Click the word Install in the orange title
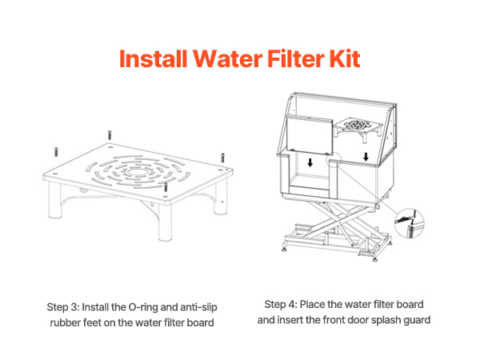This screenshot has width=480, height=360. [153, 58]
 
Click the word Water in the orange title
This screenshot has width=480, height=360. [227, 58]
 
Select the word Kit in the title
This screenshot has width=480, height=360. [345, 58]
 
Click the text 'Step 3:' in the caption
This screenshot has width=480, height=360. [62, 307]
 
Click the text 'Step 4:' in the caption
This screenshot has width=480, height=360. [281, 305]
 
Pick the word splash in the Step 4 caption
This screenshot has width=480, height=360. [386, 320]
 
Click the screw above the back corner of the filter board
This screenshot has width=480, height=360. [110, 135]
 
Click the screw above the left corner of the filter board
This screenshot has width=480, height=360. [56, 152]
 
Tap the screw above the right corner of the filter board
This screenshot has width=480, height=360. [223, 158]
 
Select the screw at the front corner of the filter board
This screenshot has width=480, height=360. [166, 187]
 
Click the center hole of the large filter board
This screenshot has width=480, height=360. [137, 172]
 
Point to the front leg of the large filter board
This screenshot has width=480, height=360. [166, 222]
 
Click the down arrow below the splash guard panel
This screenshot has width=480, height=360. [310, 162]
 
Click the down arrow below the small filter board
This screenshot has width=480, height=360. [366, 157]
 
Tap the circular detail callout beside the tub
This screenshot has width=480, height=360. [410, 223]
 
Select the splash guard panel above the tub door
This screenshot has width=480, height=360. [309, 135]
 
